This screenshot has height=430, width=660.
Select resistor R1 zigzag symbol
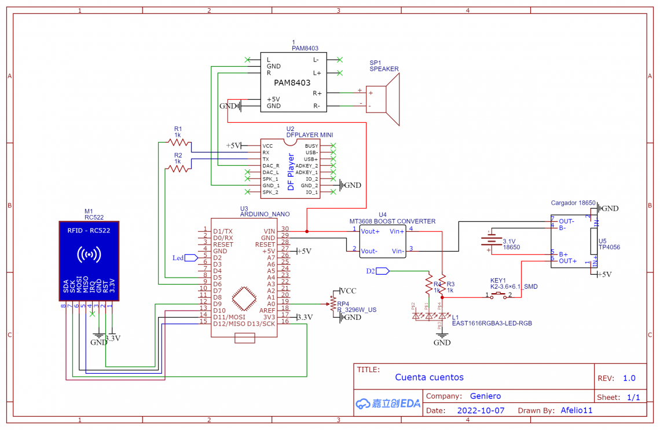point(178,141)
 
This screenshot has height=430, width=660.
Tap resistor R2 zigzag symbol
point(178,168)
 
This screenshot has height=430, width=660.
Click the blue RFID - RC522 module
point(89,261)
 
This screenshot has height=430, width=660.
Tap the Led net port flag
point(190,257)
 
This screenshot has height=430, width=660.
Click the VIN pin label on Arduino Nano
point(269,231)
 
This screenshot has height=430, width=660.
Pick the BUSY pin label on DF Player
point(311,146)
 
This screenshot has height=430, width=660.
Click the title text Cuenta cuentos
point(429,377)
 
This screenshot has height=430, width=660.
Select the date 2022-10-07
point(481,410)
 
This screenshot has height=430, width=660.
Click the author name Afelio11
point(577,410)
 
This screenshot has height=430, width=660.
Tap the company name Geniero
point(485,396)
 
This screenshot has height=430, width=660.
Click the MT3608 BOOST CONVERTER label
point(392,221)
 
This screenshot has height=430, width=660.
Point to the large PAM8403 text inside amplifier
point(292,83)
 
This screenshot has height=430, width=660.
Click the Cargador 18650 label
point(573,203)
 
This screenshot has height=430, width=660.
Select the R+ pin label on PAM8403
point(317,93)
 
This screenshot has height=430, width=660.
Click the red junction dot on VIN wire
point(306,231)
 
